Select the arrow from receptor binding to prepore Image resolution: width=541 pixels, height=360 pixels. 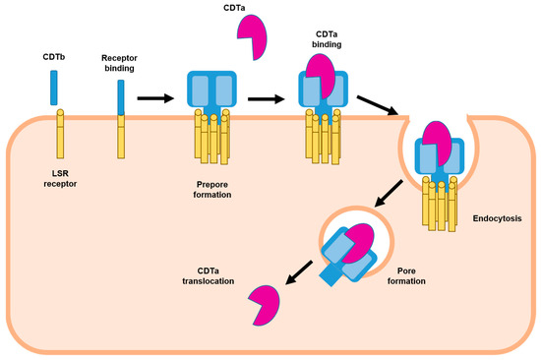[157, 98]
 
